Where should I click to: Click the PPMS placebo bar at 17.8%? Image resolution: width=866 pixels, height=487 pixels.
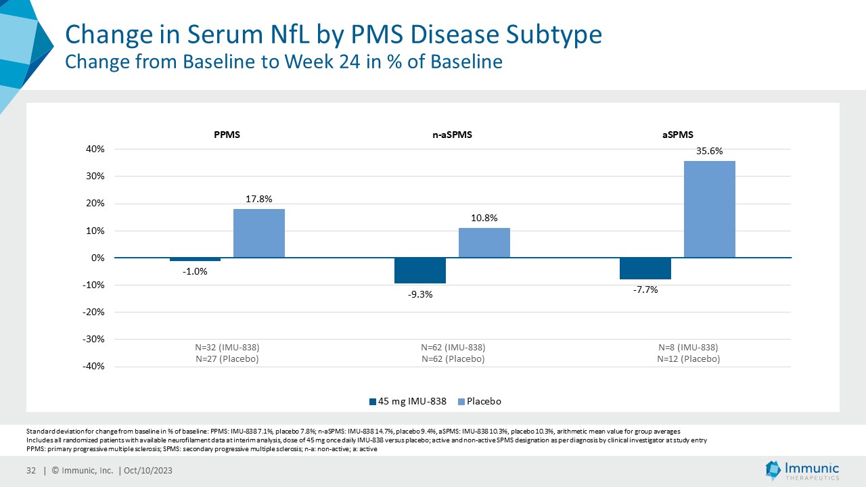pos(259,233)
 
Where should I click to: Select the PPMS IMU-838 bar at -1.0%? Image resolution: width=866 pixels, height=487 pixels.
pos(195,260)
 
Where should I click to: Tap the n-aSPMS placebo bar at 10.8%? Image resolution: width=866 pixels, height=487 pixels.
pos(484,243)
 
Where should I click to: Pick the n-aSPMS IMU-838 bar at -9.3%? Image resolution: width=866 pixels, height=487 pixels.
pos(420,271)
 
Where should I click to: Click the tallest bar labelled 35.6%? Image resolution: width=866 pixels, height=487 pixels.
pos(709,209)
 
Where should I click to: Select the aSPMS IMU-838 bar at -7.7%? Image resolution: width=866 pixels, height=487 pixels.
pos(645,269)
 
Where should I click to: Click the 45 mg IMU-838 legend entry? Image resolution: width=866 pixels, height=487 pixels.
pos(409,401)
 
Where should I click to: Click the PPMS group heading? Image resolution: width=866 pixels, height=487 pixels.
pos(227,135)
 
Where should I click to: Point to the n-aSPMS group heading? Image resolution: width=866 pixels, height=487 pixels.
pos(452,135)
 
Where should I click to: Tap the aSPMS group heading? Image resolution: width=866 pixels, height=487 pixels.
pos(677,135)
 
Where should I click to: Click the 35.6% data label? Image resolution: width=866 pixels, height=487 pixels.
pos(709,152)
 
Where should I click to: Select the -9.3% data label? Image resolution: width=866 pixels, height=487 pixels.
pos(420,294)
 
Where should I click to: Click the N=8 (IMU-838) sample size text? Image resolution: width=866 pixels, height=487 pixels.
pos(688,348)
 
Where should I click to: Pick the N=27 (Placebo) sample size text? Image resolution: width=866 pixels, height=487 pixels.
pos(227,359)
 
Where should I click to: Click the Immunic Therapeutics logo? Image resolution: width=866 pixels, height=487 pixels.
pos(802,471)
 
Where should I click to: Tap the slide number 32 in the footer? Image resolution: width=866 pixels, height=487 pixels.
pos(30,471)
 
